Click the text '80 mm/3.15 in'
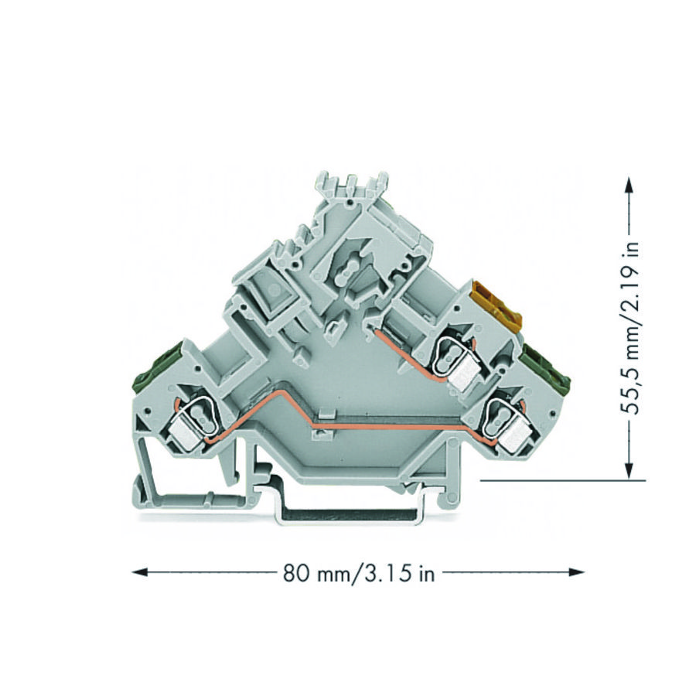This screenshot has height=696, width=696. pos(358,573)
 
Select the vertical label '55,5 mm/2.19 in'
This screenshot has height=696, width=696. pos(633,329)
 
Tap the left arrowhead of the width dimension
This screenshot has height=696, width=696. pos(139,572)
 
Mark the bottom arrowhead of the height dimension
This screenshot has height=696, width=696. pos(629,470)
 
